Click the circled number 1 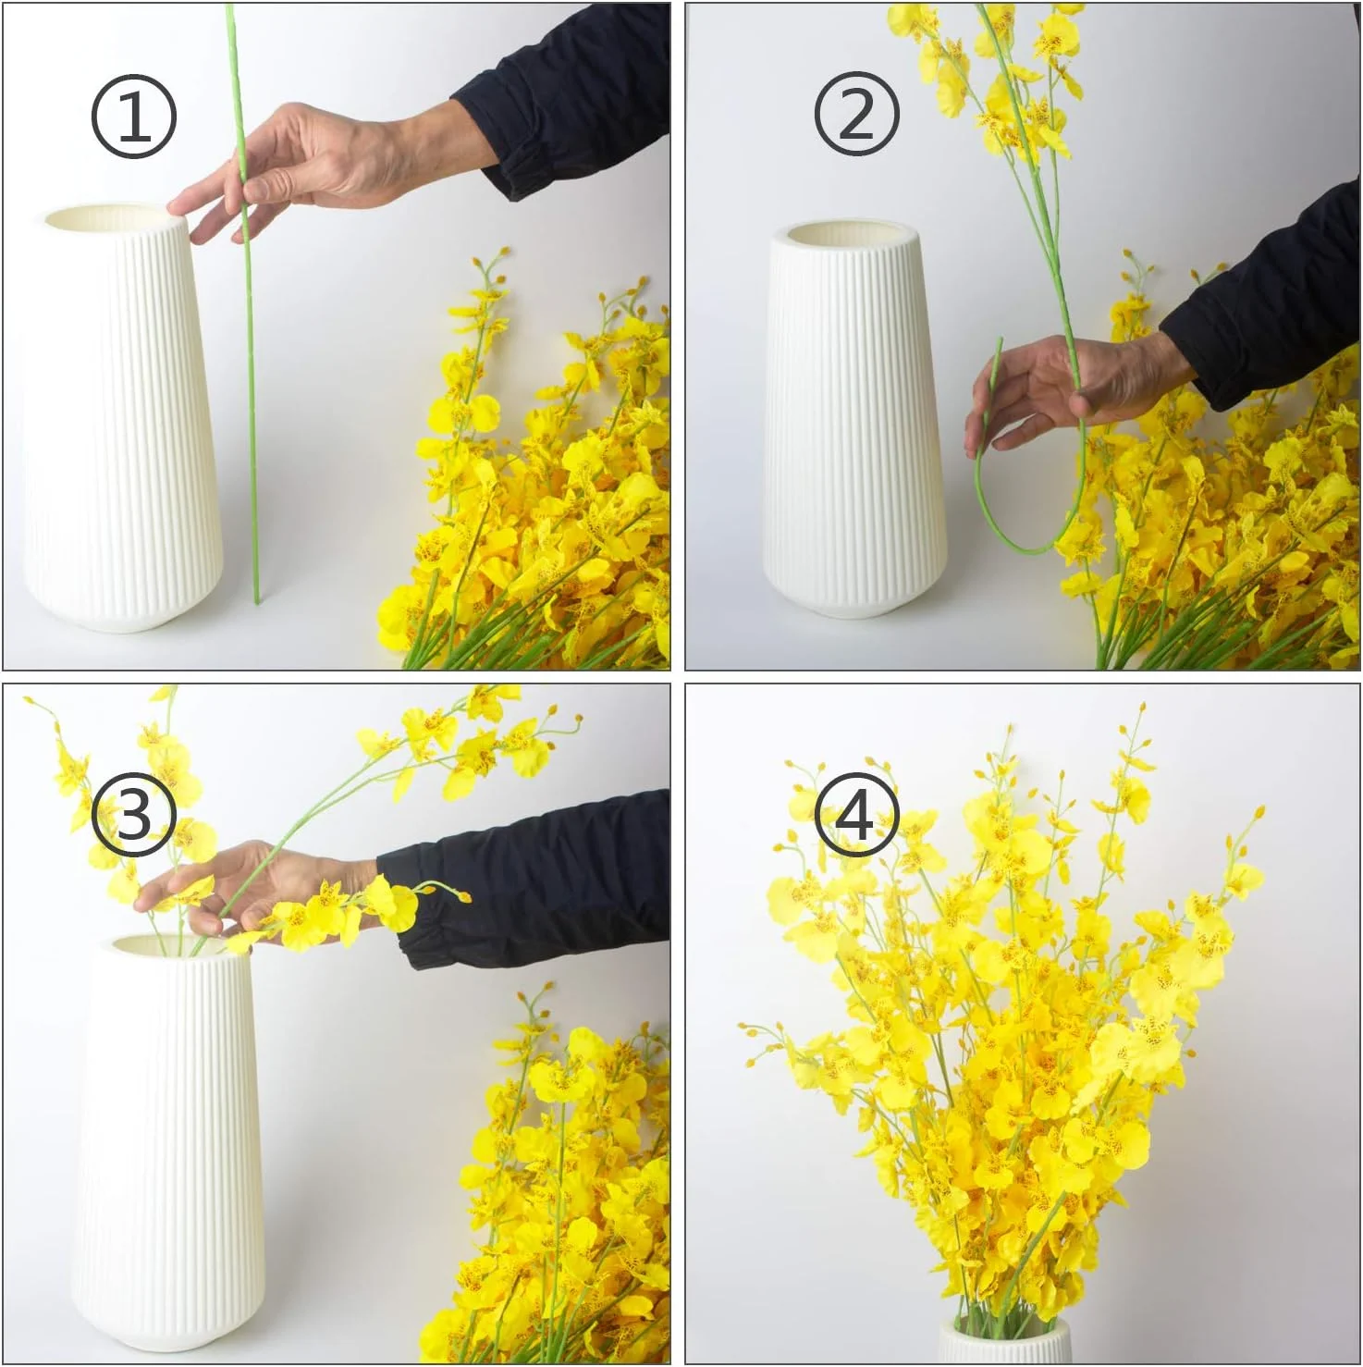click(x=133, y=117)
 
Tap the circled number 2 click(x=856, y=114)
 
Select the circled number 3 click(x=133, y=815)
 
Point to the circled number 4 click(x=856, y=815)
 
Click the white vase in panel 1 click(x=121, y=418)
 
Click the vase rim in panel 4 click(x=1005, y=1341)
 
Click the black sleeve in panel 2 click(x=1267, y=305)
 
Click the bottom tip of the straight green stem click(x=257, y=602)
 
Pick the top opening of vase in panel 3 click(x=176, y=945)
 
